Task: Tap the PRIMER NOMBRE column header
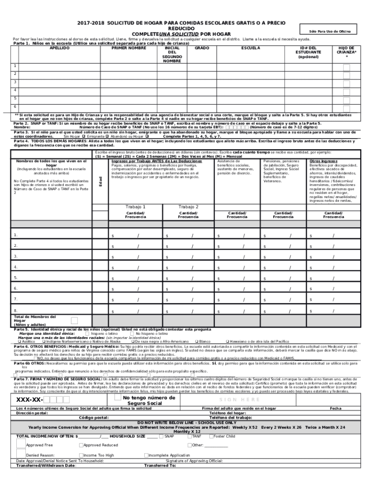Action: pos(128,48)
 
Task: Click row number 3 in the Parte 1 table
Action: pos(15,82)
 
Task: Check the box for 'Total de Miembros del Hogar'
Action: pos(74,321)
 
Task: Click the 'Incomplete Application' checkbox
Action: pos(146,455)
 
